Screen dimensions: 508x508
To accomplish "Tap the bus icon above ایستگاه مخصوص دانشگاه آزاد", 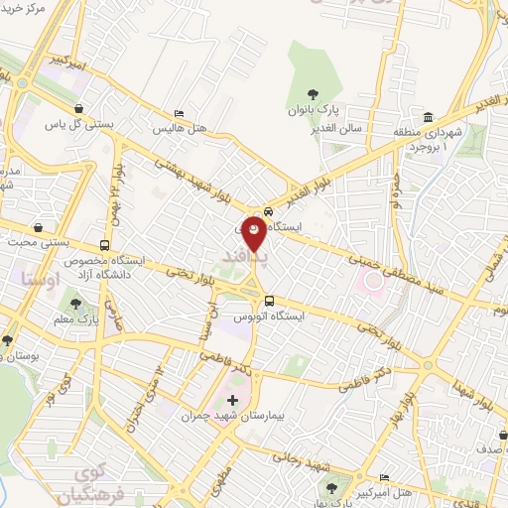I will (x=105, y=245).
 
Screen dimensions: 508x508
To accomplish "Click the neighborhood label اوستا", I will (x=41, y=281).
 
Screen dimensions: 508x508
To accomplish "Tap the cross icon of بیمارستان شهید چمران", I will (x=233, y=401).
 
